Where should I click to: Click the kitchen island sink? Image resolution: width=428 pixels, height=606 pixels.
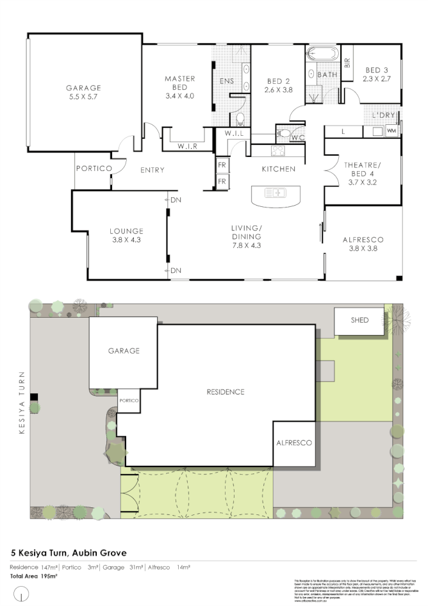click(x=276, y=192)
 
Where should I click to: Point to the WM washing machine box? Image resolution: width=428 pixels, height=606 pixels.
click(x=391, y=131)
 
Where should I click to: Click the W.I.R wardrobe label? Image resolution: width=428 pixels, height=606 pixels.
click(x=187, y=147)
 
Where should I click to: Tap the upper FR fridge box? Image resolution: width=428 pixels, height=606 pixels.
click(x=222, y=165)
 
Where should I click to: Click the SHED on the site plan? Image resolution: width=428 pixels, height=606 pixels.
click(x=360, y=320)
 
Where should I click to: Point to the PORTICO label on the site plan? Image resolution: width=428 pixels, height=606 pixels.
click(x=128, y=401)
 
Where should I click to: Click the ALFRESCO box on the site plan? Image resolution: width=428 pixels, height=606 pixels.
click(x=294, y=443)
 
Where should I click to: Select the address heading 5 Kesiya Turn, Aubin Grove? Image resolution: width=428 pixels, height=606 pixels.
click(x=69, y=552)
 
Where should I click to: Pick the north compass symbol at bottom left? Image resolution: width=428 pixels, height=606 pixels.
click(x=23, y=596)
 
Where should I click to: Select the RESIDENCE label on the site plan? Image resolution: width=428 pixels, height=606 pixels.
click(x=226, y=391)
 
